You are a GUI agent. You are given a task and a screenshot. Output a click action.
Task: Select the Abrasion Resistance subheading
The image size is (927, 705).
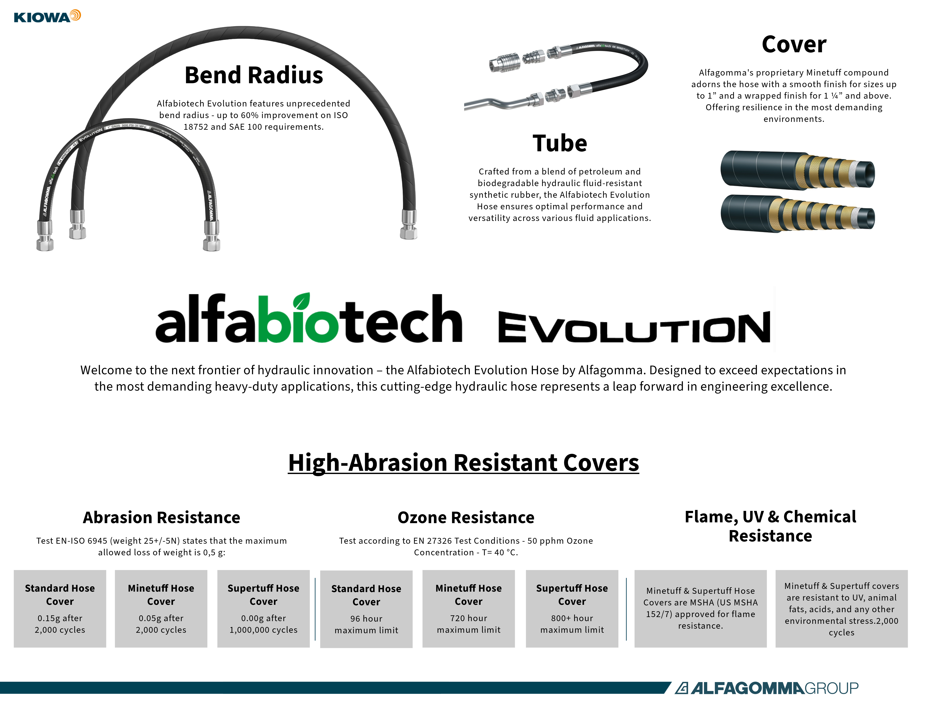pyautogui.click(x=162, y=517)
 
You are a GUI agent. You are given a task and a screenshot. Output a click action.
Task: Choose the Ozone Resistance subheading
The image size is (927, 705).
pyautogui.click(x=466, y=517)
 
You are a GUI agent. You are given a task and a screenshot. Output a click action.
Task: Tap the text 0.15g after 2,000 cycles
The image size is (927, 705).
pyautogui.click(x=60, y=624)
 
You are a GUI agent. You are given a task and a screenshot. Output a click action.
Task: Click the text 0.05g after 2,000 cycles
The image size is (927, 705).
pyautogui.click(x=161, y=624)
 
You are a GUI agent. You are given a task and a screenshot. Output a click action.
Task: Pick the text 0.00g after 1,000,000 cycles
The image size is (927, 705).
pyautogui.click(x=263, y=624)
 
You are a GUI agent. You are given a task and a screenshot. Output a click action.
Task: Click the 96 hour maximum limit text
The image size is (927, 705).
pyautogui.click(x=366, y=624)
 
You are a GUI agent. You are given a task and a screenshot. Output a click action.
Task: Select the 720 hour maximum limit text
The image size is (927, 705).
pyautogui.click(x=469, y=624)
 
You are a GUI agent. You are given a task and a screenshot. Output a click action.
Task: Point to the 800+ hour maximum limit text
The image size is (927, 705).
pyautogui.click(x=572, y=624)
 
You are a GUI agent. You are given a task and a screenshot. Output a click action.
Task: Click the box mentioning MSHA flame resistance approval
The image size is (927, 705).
pyautogui.click(x=701, y=608)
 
